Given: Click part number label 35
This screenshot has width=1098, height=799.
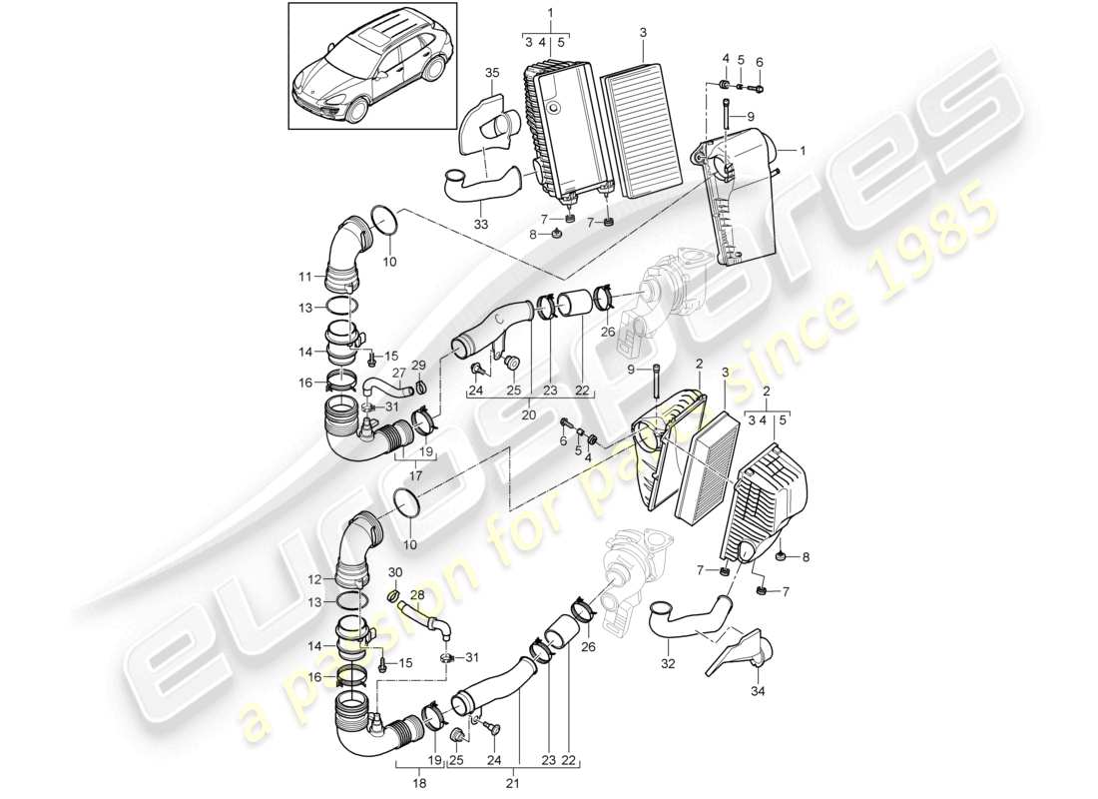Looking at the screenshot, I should [x=490, y=73].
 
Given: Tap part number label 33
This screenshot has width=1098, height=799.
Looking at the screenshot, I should [x=482, y=226].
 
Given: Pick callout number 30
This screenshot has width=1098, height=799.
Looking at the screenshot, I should [x=394, y=571].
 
